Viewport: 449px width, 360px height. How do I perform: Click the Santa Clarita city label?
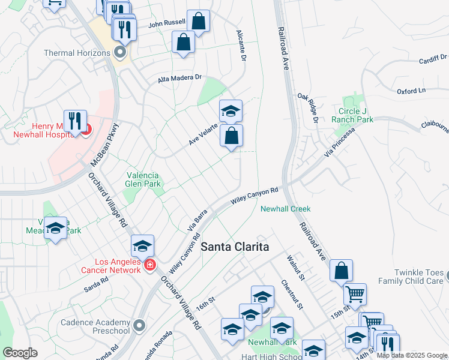[234, 247]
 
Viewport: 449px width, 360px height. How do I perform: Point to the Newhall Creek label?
[285, 209]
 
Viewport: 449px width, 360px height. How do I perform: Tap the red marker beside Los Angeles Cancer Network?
[149, 265]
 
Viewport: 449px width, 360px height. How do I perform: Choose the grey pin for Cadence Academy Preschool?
[140, 326]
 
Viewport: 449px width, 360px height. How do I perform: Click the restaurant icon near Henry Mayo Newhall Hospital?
[75, 121]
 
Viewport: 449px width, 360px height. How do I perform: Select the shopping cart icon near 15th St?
[355, 294]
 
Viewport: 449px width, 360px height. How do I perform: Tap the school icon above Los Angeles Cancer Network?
[142, 245]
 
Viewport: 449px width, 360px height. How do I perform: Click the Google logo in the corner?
[20, 353]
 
